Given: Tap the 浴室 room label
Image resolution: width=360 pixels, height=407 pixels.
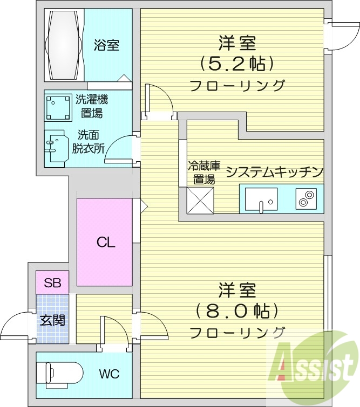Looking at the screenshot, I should coord(106,45).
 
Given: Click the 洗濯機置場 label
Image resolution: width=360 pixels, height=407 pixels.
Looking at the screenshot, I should coord(92,106).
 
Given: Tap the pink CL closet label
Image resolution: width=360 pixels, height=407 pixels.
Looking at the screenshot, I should coord(105,243).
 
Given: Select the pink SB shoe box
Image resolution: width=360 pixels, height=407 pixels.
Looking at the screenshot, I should coord(52,282).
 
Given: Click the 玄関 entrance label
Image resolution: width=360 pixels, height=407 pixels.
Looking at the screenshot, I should coord(52,319).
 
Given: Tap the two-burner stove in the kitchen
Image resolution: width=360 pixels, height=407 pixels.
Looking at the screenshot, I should coord(305,199).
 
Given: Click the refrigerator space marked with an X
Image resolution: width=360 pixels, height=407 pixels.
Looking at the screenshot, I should coord(200,199).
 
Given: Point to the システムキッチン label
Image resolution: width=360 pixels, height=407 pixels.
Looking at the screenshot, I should coord(274,172).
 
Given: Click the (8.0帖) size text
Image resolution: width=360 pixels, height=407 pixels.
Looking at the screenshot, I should coord(237,311).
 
